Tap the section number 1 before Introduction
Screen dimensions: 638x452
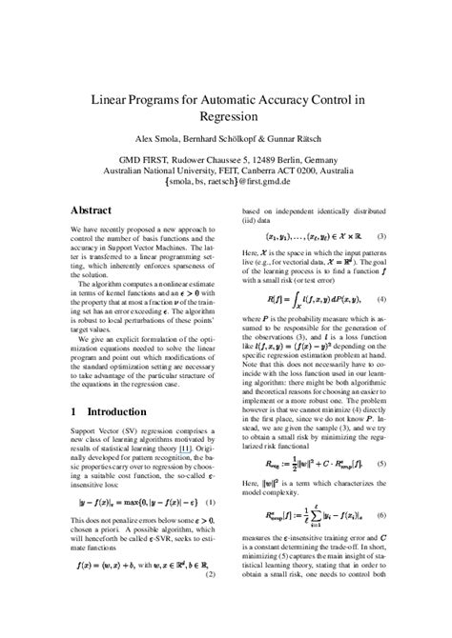tap(75, 412)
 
